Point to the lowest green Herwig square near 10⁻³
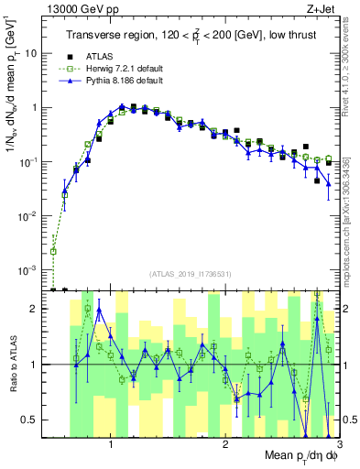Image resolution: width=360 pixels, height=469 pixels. (x=54, y=251)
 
